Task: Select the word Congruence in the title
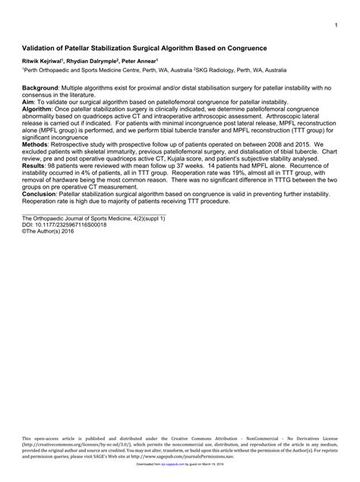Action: click(245, 47)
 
